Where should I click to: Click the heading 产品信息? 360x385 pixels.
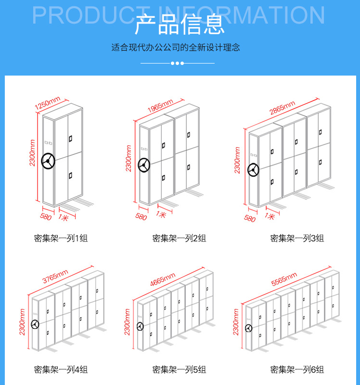tap(180, 25)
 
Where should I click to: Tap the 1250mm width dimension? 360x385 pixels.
tap(47, 103)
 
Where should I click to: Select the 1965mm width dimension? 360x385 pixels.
tap(160, 106)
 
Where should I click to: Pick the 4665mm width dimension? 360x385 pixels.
tap(163, 279)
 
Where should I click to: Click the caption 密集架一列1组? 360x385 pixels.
tap(61, 238)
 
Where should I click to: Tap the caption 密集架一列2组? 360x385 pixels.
tap(179, 238)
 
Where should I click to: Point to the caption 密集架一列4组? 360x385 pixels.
tap(61, 370)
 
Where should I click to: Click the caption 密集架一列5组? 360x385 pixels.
tap(179, 370)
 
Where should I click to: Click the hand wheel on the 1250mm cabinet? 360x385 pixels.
tap(48, 161)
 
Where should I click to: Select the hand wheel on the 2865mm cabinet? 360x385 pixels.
tap(254, 170)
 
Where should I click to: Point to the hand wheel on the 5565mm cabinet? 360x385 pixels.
tap(248, 329)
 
